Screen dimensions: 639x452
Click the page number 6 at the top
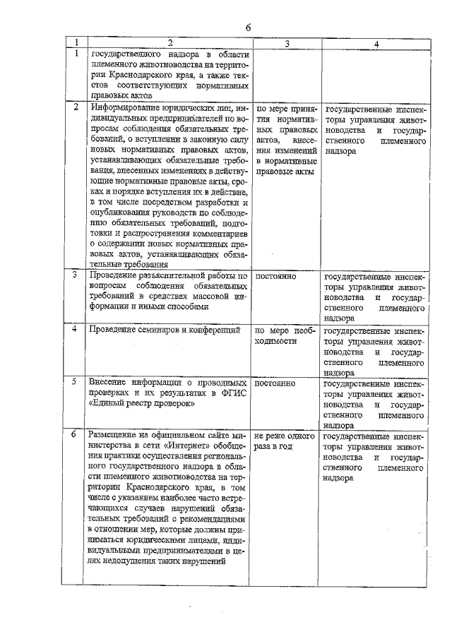coord(248,28)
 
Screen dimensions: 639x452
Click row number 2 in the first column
coord(76,109)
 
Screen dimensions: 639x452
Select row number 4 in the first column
coord(76,329)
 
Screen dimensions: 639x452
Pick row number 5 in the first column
coord(76,383)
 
